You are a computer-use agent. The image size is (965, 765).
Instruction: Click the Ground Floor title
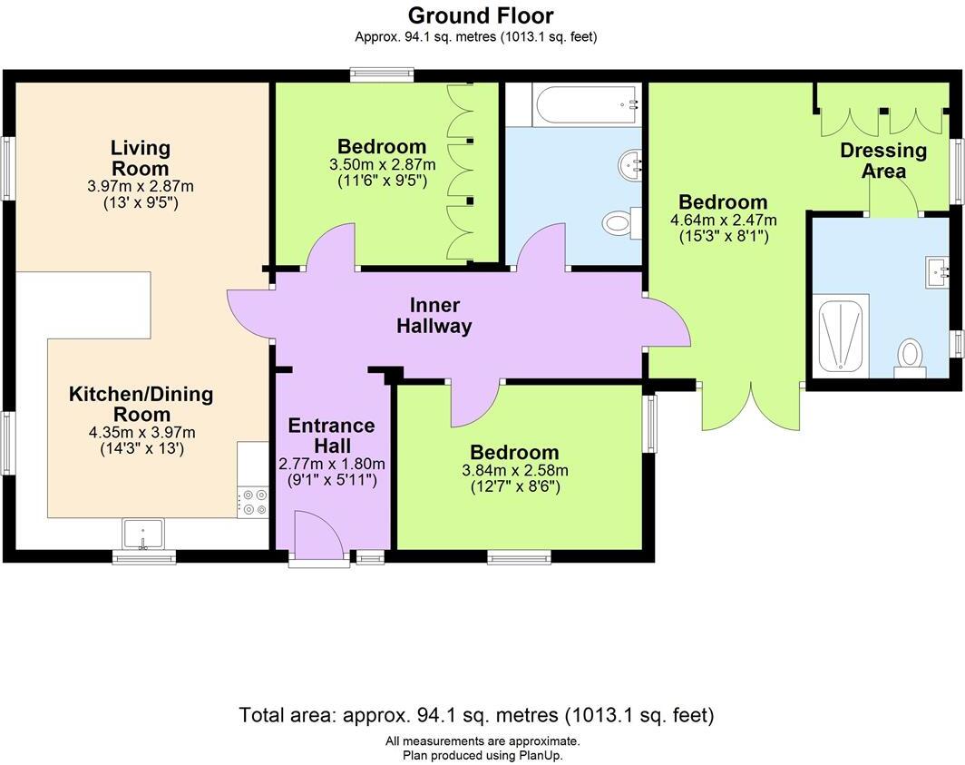coord(481,15)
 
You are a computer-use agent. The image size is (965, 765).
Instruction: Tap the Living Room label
coord(140,158)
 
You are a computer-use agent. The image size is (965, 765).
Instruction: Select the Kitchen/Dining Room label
coord(141,404)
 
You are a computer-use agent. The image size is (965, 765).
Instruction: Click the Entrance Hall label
coord(331,436)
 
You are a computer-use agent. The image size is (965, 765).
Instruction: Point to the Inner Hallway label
coord(434,316)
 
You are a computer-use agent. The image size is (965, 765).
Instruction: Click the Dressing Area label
coord(883,160)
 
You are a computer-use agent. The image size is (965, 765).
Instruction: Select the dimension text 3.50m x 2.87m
coord(382,165)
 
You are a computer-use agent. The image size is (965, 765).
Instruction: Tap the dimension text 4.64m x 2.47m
coord(724,220)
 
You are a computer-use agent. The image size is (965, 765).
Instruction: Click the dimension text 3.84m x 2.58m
coord(515,471)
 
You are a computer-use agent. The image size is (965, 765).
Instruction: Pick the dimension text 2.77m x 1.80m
coord(332,464)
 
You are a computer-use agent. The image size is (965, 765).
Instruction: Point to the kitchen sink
coord(142,534)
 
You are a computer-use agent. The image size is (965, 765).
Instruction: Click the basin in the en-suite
coord(937,272)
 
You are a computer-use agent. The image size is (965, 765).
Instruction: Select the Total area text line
coord(476,715)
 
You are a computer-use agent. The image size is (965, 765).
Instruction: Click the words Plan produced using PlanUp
coord(482,754)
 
